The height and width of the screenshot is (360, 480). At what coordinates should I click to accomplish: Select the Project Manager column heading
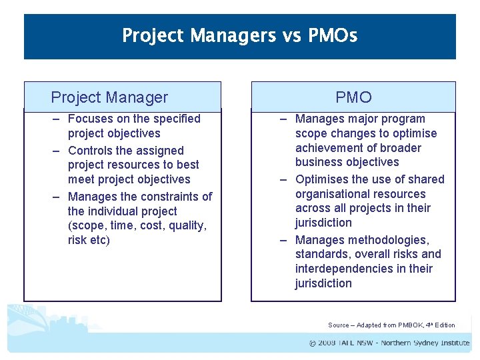click(109, 97)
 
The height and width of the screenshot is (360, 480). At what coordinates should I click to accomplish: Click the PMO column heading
click(353, 97)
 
